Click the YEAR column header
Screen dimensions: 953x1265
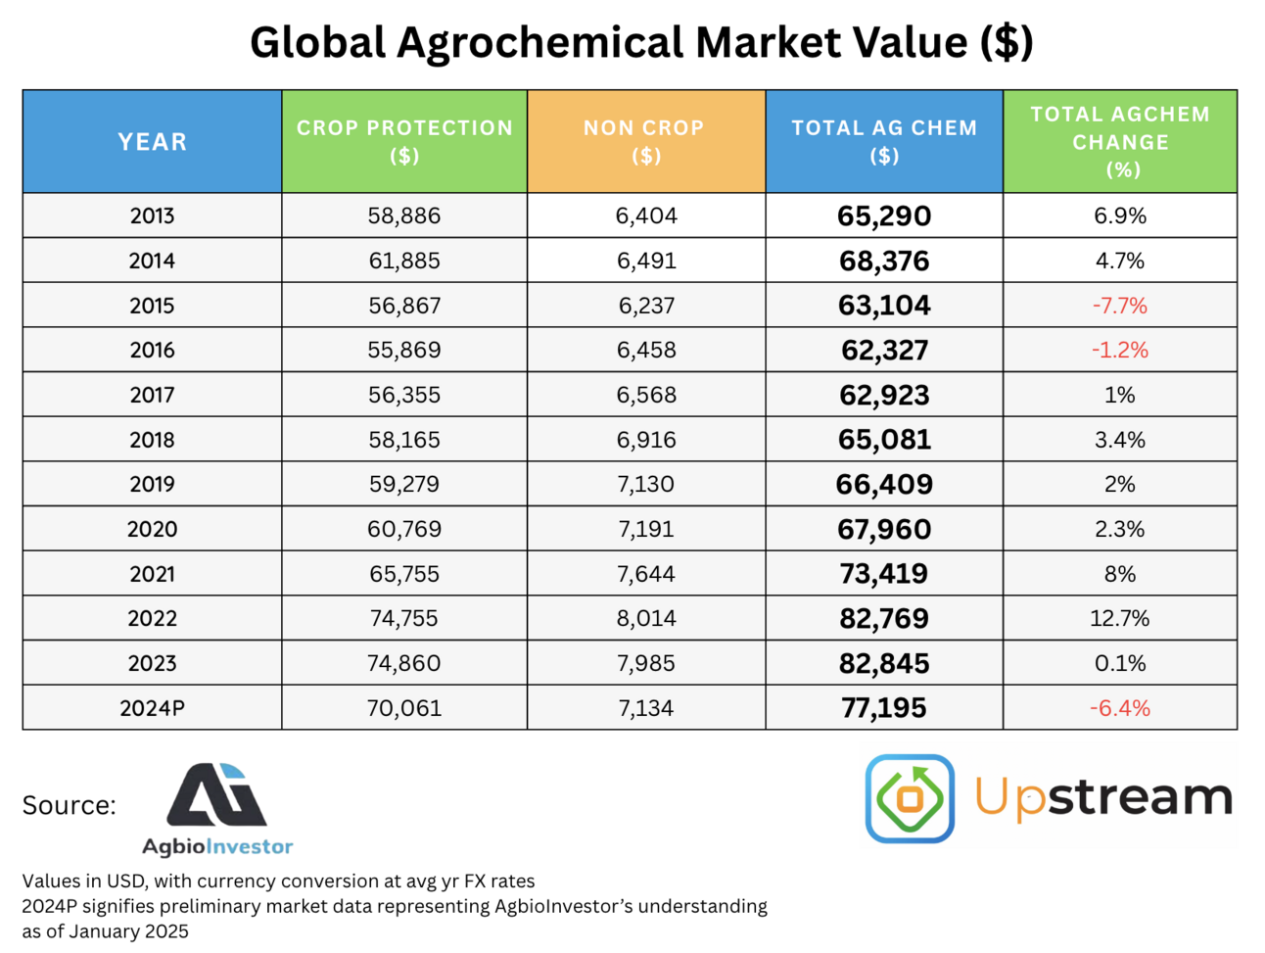(152, 141)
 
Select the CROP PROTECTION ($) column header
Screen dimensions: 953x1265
(404, 141)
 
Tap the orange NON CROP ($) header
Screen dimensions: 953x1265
(645, 141)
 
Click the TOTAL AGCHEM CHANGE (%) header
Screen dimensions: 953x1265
(1120, 141)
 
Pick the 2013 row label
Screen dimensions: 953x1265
(152, 215)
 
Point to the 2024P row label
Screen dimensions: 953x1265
(152, 708)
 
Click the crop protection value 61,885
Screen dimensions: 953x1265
(403, 261)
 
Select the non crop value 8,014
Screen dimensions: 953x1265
(646, 619)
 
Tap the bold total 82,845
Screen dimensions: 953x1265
(884, 664)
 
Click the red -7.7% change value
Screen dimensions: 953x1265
(1120, 306)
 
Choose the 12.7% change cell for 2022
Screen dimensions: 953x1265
(1120, 619)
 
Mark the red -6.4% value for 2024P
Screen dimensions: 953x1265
(1120, 708)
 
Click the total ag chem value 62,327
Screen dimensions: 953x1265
(884, 351)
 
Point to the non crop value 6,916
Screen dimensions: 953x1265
(646, 440)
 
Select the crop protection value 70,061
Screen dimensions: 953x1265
(403, 708)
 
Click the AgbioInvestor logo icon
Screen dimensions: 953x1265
(217, 795)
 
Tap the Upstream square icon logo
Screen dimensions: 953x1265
(910, 798)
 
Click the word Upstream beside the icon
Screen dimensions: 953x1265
(1103, 798)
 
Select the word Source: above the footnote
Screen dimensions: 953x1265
(69, 805)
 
